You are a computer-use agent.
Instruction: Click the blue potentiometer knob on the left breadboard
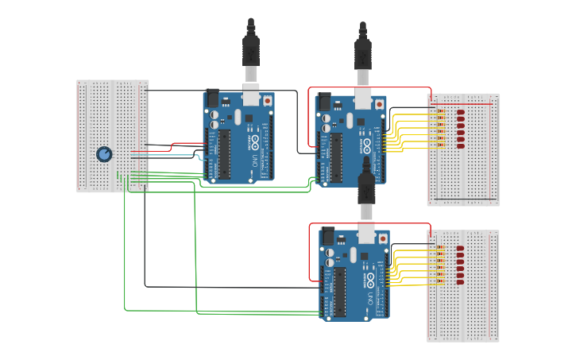coord(104,154)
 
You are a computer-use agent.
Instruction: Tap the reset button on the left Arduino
coord(268,101)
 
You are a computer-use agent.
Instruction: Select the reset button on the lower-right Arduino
coord(383,238)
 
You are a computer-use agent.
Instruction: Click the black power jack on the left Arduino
coord(212,98)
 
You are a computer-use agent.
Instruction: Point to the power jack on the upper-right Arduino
coord(323,102)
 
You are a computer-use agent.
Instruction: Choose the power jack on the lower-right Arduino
coord(327,236)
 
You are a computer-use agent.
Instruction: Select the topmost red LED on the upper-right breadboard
coord(460,113)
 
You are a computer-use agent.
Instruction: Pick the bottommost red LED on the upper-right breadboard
coord(460,146)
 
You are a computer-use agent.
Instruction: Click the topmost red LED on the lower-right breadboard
coord(460,249)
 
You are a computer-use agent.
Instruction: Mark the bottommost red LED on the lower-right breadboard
coord(460,282)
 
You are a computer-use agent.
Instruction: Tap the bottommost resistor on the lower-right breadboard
coord(441,282)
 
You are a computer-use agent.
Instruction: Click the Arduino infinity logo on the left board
coord(255,141)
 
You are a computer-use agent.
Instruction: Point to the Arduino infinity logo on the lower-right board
coord(370,279)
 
